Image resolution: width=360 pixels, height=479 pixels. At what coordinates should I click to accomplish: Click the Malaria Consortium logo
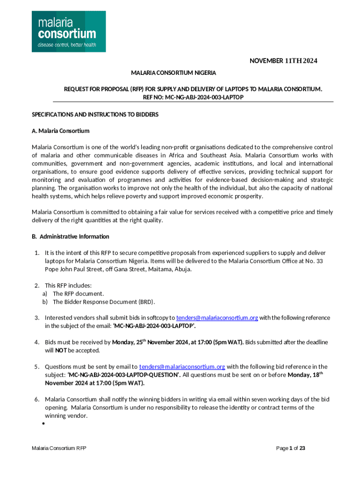pos(68,31)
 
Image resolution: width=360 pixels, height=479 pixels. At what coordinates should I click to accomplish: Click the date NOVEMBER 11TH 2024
pos(283,61)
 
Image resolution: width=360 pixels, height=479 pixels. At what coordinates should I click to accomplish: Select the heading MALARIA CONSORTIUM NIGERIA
pos(173,73)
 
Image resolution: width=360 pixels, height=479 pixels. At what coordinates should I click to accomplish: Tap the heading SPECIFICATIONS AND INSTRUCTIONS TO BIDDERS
pos(95,114)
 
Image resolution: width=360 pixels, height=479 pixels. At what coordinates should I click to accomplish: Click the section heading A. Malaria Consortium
pos(60,131)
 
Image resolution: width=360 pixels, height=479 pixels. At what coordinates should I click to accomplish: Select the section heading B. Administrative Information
pos(71,236)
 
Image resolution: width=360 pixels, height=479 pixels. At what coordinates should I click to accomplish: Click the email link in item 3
pos(217,318)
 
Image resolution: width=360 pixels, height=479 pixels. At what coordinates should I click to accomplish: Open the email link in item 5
pos(182,367)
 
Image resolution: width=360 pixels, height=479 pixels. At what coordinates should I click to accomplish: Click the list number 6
pos(36,399)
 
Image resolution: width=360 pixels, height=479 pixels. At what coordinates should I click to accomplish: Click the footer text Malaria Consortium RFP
pos(59,448)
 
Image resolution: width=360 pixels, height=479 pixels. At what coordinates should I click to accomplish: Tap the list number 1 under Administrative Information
pos(36,253)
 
